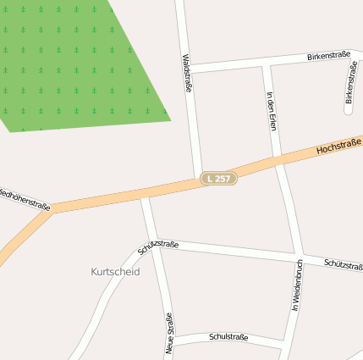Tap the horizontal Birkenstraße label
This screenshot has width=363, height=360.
click(328, 55)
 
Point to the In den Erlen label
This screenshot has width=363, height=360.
click(272, 110)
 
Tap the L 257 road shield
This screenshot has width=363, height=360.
click(218, 179)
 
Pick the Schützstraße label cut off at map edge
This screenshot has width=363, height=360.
click(343, 264)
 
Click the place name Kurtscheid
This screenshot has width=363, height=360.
click(114, 272)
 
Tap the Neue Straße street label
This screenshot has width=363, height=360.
click(169, 332)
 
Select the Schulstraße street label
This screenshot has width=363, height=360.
click(228, 337)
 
